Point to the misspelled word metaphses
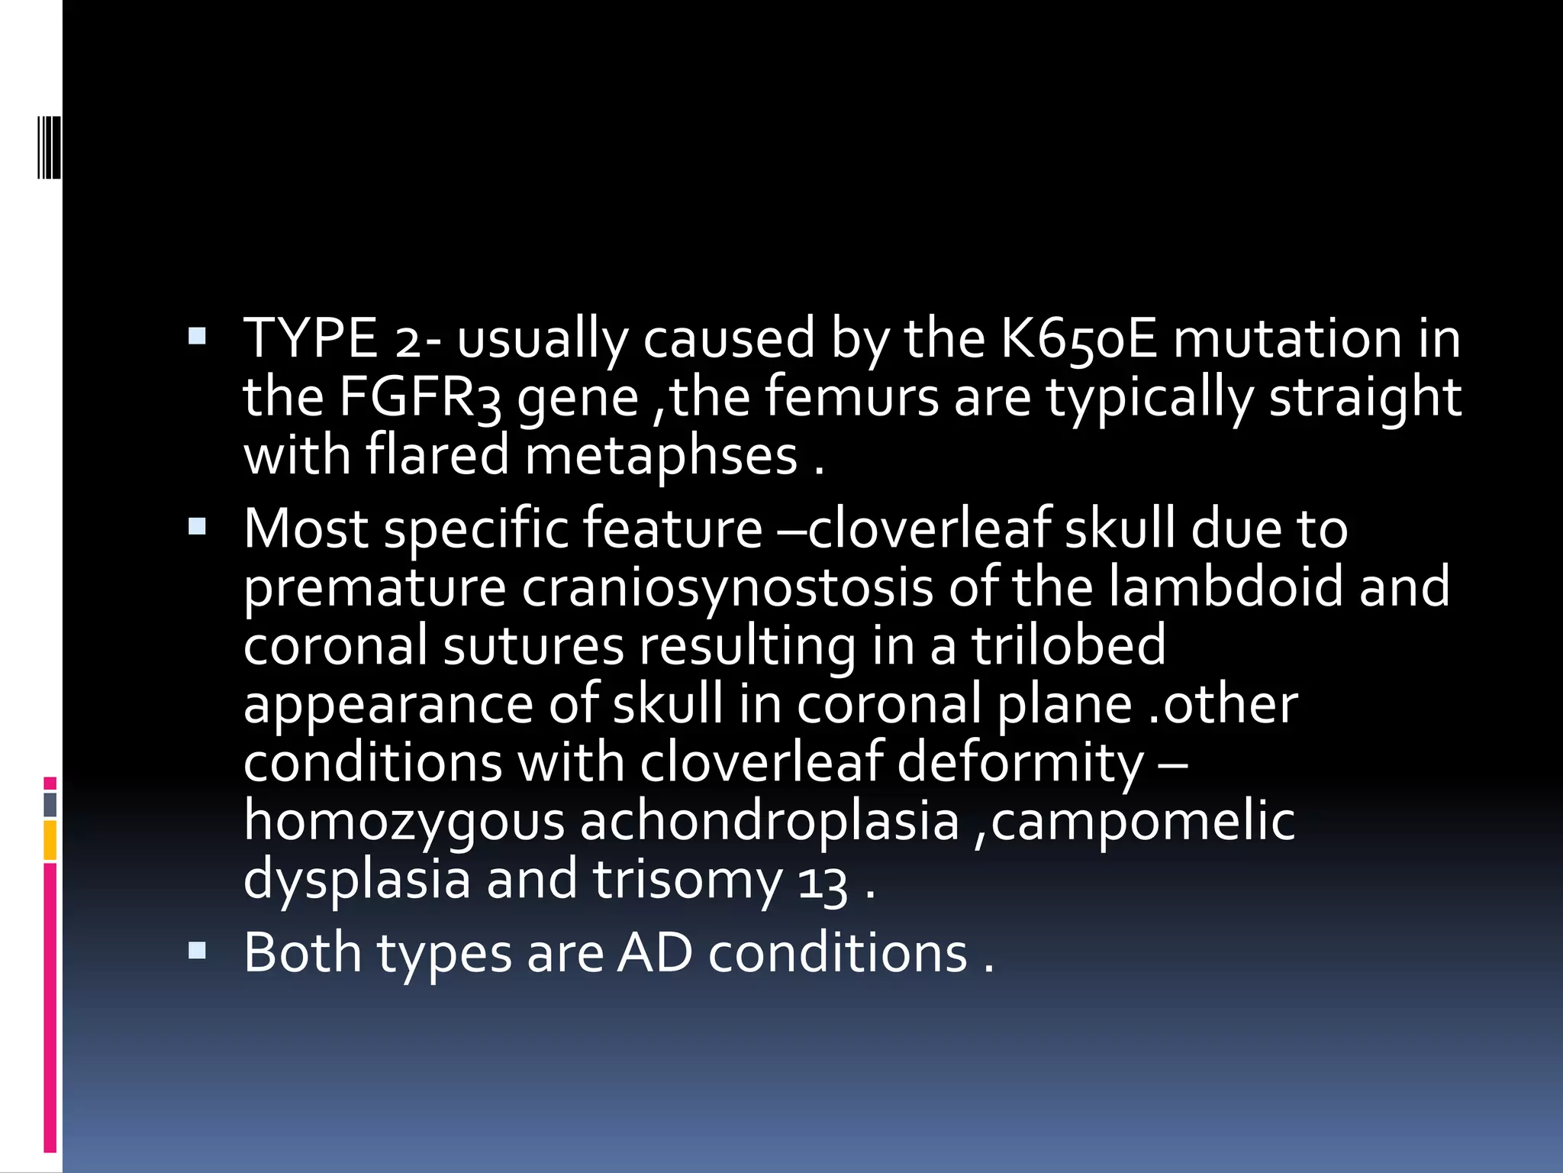[661, 456]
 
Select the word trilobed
[1068, 645]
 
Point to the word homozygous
[404, 822]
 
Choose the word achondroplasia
[769, 822]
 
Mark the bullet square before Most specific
[197, 526]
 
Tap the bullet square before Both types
[197, 950]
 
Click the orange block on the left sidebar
[50, 840]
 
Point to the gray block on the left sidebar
[50, 805]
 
